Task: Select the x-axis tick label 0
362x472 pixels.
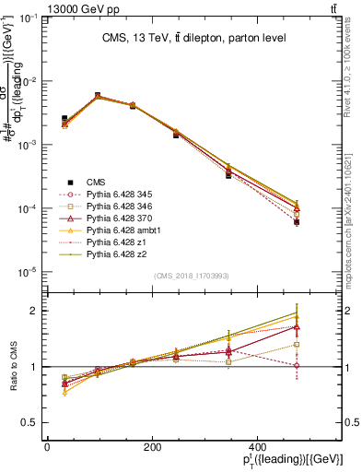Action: [46, 446]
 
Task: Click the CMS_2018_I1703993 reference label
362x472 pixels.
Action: [191, 276]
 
